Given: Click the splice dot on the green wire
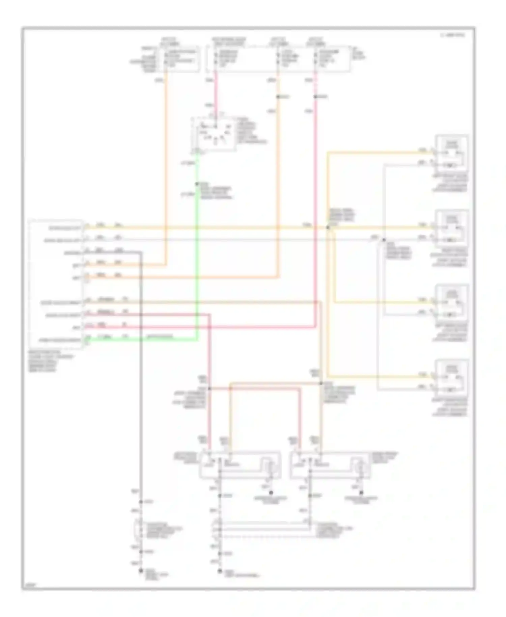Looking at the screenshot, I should [197, 184].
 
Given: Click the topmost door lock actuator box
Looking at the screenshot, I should [452, 153].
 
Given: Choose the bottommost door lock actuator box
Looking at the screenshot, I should [452, 377].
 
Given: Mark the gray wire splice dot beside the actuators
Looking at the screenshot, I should [384, 240].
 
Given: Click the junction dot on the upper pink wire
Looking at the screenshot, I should [315, 97].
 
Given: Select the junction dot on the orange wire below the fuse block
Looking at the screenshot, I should [278, 97].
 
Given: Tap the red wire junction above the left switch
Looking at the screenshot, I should [209, 388].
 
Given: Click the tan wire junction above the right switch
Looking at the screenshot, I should [321, 383].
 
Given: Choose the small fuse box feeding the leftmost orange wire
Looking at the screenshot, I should [181, 60].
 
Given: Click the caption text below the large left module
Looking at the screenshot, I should [51, 363].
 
